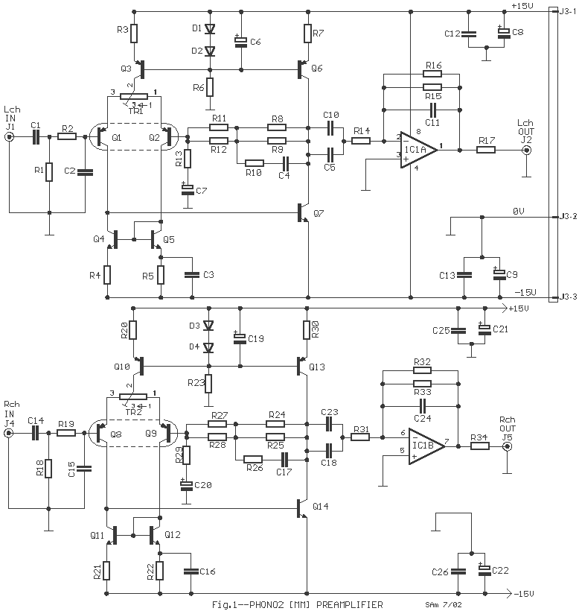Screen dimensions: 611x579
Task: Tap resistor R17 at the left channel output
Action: pyautogui.click(x=486, y=150)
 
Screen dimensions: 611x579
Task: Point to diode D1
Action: pyautogui.click(x=209, y=29)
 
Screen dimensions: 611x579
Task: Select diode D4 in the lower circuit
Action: pyautogui.click(x=209, y=347)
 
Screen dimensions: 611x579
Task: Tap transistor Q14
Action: pyautogui.click(x=303, y=508)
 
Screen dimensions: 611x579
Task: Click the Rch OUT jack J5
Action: pyautogui.click(x=507, y=446)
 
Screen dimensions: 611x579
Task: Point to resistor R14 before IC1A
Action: pyautogui.click(x=362, y=139)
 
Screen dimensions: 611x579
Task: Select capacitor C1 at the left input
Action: pyautogui.click(x=35, y=136)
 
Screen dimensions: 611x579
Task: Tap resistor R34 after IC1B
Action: pyautogui.click(x=479, y=446)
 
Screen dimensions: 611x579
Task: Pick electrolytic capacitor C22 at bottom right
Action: pyautogui.click(x=484, y=570)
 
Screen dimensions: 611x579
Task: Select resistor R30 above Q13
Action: pyautogui.click(x=306, y=329)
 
